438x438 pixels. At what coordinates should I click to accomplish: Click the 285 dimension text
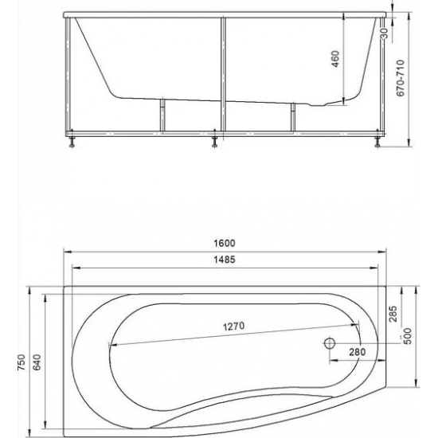(x=393, y=316)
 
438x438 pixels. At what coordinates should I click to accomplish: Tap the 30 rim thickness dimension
(x=384, y=33)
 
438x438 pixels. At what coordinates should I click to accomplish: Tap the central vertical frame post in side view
(x=224, y=76)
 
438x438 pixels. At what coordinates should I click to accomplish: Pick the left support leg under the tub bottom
(x=162, y=115)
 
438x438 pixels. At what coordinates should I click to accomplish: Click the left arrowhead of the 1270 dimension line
(x=111, y=344)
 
